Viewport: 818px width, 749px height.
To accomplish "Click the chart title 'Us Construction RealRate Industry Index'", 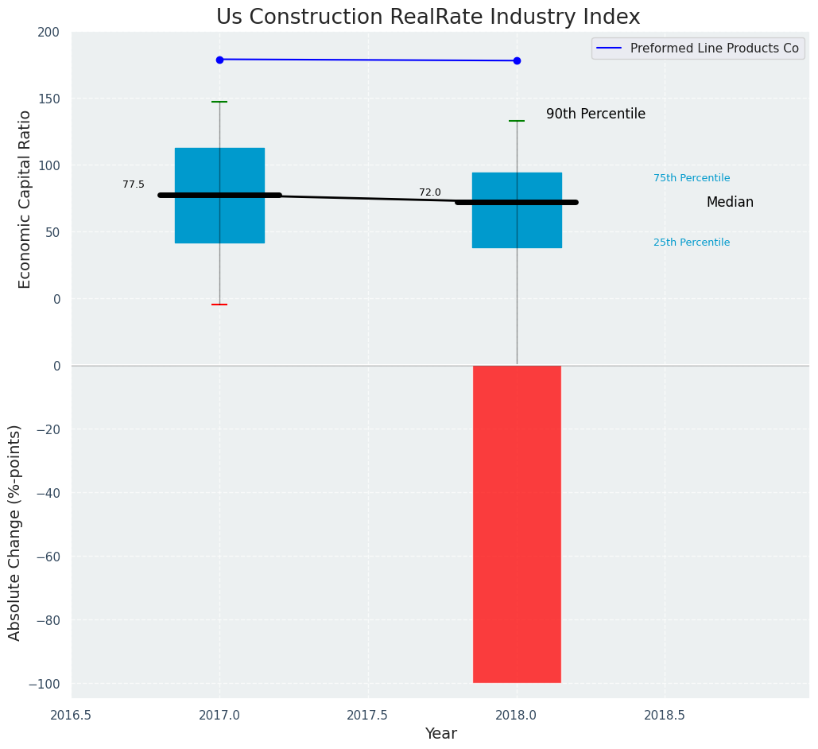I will tap(428, 17).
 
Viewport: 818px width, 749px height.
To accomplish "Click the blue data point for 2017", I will tap(219, 60).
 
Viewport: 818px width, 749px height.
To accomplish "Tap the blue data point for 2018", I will tap(517, 60).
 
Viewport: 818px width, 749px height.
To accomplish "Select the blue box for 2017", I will tap(219, 171).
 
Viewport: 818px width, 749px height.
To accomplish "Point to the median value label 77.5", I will tap(134, 184).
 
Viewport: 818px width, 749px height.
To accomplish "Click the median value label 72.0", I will tap(430, 192).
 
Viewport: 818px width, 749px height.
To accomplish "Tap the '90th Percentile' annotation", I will tap(595, 114).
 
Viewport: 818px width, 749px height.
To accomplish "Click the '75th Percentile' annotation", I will tap(692, 178).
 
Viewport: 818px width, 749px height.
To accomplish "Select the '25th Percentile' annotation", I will tap(692, 243).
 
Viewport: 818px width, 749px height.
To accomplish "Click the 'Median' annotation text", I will tap(730, 203).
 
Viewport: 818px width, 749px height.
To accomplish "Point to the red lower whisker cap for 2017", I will tap(219, 305).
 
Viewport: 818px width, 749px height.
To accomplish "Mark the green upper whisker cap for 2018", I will tap(517, 121).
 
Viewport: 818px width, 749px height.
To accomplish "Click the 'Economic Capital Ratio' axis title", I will tap(25, 199).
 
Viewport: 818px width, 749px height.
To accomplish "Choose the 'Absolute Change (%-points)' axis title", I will tap(15, 532).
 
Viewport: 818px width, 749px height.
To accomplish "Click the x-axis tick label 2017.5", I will tap(368, 716).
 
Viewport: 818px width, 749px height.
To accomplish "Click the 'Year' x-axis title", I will tap(440, 734).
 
